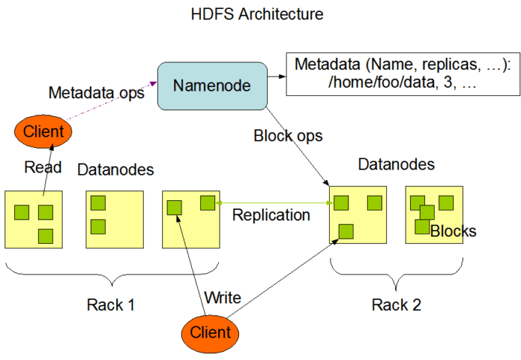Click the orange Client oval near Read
[43, 132]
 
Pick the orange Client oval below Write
[210, 331]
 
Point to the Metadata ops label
[97, 94]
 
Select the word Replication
[271, 215]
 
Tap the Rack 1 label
[112, 304]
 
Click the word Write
[223, 299]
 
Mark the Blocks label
[453, 231]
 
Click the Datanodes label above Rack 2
[396, 164]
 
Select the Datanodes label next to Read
[115, 170]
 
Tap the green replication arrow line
[275, 202]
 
